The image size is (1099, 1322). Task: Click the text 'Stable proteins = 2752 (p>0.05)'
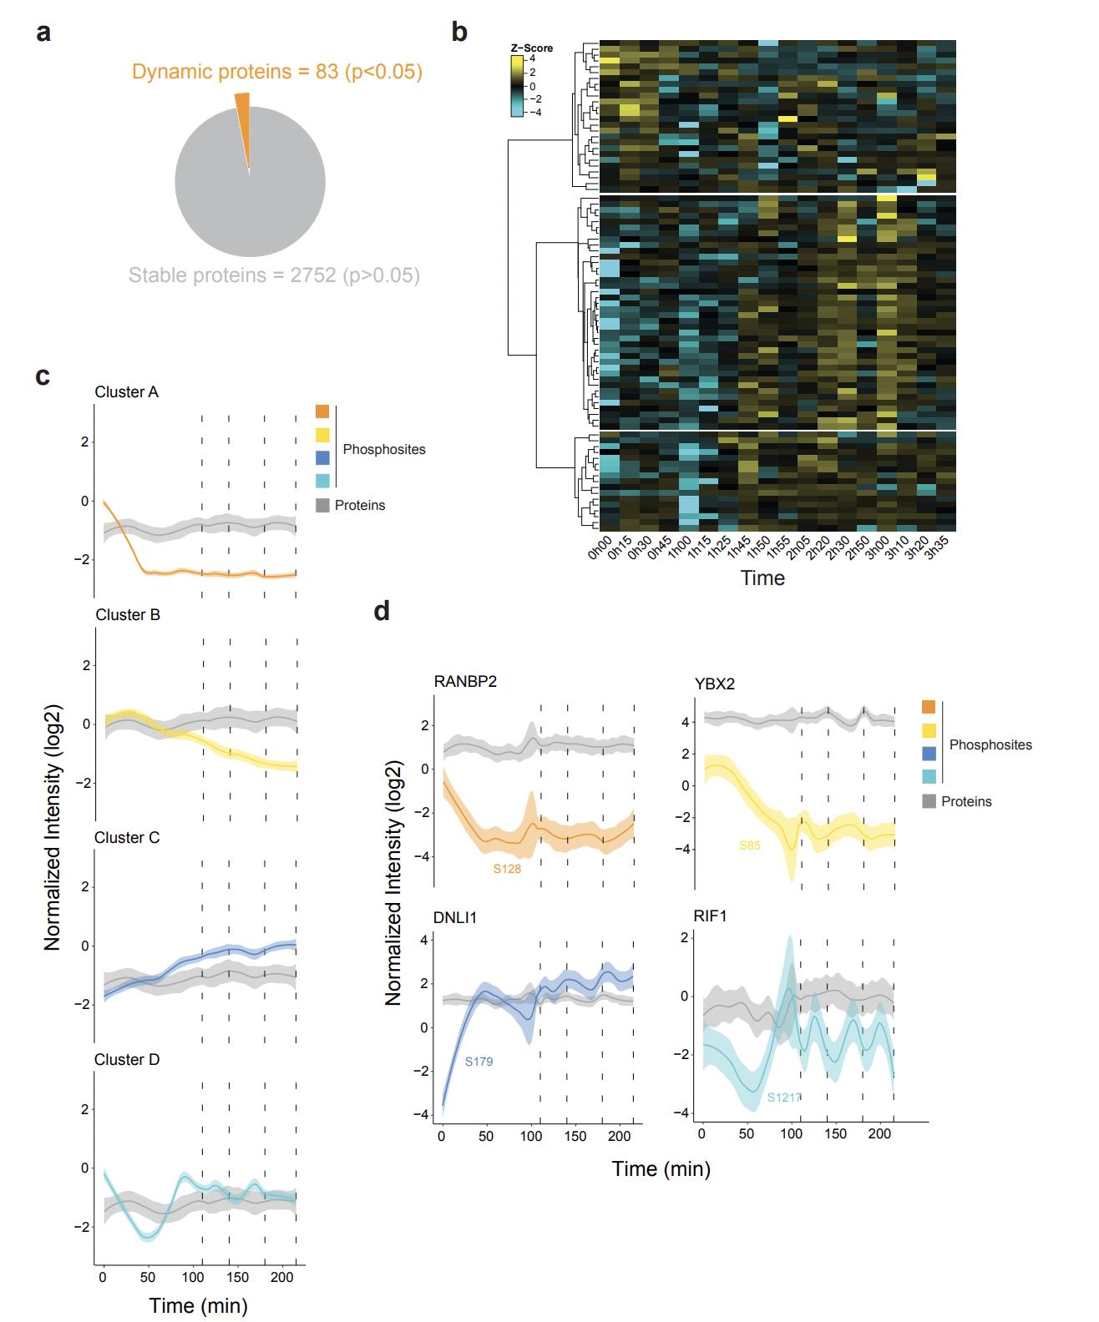tap(274, 275)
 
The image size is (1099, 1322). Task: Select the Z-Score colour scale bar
tap(518, 86)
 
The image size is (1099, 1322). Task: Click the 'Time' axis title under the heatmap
tap(762, 578)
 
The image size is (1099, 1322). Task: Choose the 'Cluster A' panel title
tap(127, 392)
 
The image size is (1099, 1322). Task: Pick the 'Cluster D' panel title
tap(127, 1060)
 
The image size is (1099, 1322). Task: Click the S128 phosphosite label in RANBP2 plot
tap(507, 869)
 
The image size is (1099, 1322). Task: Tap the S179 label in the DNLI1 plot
tap(479, 1062)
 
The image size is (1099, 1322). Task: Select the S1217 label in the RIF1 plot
tap(784, 1097)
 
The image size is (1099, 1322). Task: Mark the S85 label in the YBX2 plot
tap(750, 845)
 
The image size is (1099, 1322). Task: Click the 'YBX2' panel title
tap(714, 684)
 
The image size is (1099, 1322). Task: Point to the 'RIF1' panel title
tap(710, 916)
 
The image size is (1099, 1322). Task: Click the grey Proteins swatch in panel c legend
tap(323, 505)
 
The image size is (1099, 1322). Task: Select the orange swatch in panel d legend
tap(929, 707)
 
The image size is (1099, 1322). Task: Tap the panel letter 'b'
tap(459, 32)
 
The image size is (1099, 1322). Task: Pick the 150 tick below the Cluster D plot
tap(237, 1277)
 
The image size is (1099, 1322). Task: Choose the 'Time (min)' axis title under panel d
tap(661, 1168)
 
